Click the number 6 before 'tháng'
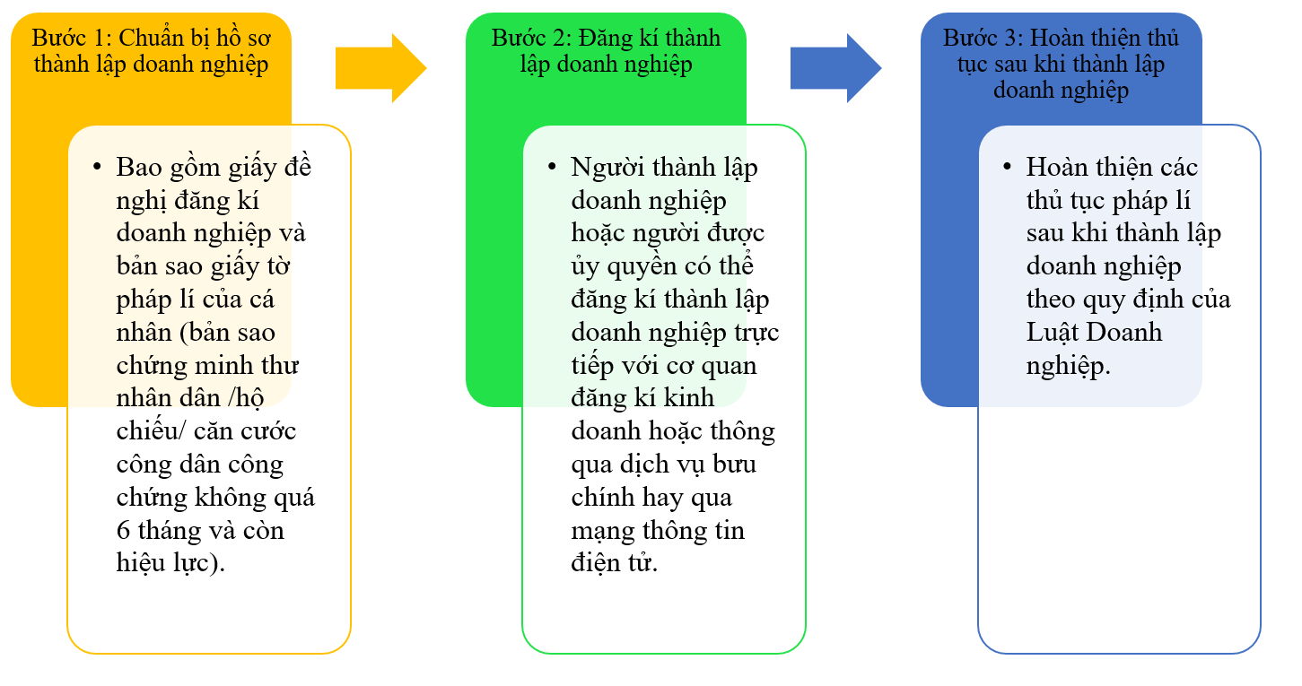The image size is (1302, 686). tap(123, 531)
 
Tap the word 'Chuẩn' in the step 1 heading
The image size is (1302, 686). tap(153, 39)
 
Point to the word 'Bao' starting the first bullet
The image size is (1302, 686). tap(136, 168)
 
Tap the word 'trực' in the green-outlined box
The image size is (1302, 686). tap(756, 333)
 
